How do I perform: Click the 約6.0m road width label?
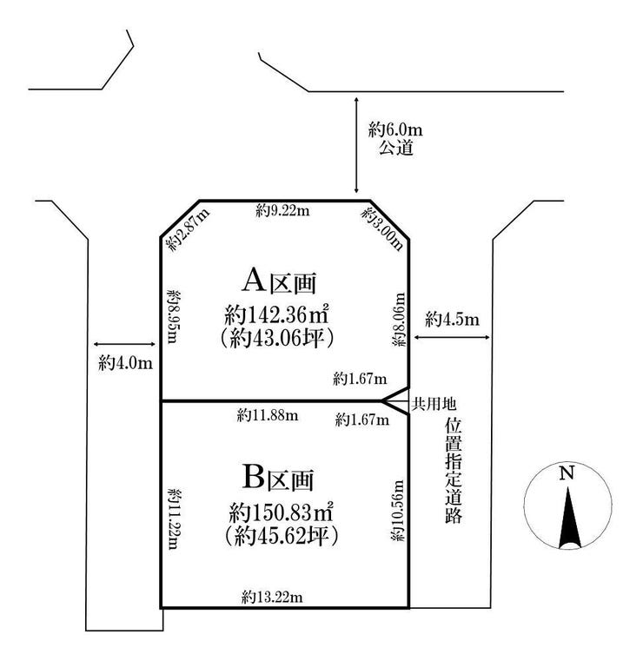pos(395,129)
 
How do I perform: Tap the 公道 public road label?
pos(395,148)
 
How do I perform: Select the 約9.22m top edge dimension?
pos(282,210)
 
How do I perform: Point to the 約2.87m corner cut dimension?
pos(188,230)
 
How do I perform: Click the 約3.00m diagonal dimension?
pos(381,229)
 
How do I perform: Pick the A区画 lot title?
pos(279,281)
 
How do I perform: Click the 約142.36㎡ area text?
pos(276,315)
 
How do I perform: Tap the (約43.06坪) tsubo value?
pos(277,338)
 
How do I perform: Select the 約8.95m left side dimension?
pos(173,316)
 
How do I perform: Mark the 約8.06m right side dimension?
pos(399,320)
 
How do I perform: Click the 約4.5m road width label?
pos(452,319)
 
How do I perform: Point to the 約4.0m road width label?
pos(125,362)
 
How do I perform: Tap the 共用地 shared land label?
pos(434,404)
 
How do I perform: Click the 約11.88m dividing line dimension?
pos(268,416)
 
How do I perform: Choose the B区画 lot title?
pos(278,478)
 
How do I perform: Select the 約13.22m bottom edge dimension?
pos(272,597)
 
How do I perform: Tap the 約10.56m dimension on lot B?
pos(397,511)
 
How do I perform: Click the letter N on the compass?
pos(567,473)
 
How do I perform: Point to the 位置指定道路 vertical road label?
pos(454,471)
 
